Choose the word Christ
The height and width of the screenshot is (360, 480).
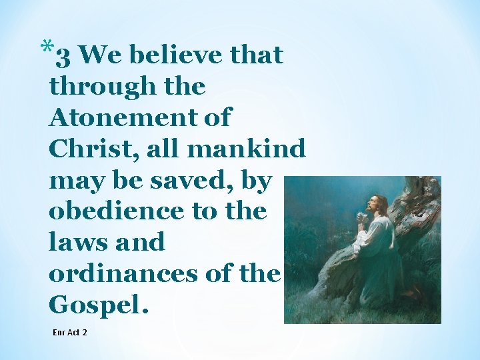(85, 149)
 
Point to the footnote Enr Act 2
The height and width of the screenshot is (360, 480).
(69, 331)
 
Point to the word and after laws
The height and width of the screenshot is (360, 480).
(141, 242)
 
